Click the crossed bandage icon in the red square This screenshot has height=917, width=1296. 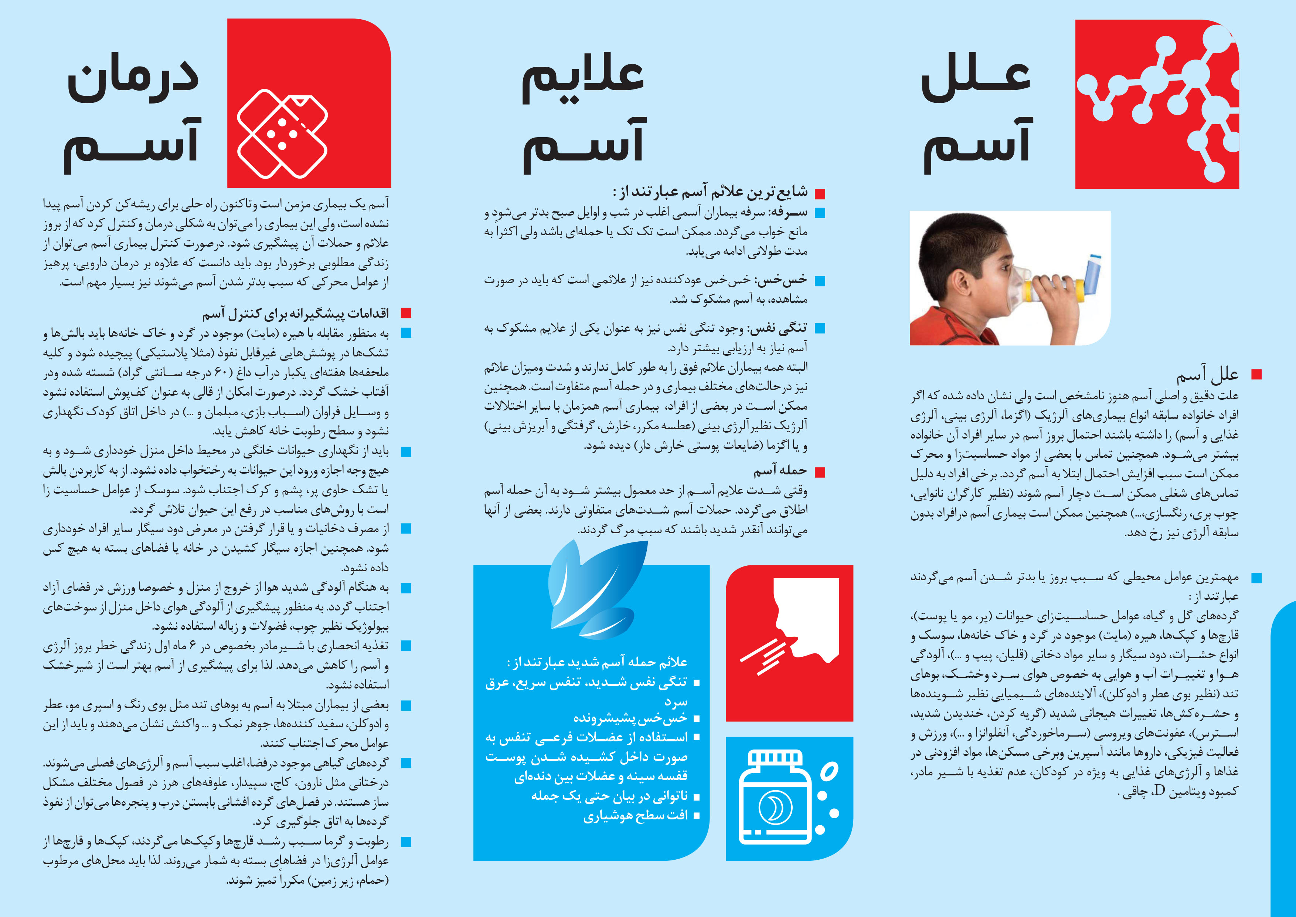click(282, 134)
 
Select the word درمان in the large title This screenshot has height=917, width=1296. click(133, 79)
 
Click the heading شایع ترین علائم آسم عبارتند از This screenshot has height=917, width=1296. click(710, 193)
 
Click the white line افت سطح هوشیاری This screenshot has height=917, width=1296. click(635, 816)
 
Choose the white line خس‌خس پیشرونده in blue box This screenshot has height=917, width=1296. click(630, 718)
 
